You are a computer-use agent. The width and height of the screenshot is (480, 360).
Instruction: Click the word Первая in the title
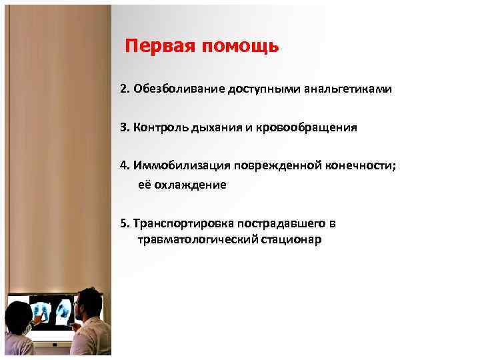click(158, 47)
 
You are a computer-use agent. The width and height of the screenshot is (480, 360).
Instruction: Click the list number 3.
click(123, 127)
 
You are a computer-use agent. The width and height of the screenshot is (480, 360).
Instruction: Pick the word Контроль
click(158, 127)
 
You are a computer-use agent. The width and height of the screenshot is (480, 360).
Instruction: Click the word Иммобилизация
click(175, 165)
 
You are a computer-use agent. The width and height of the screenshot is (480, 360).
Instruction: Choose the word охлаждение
click(191, 185)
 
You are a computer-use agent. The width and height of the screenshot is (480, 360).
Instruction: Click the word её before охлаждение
click(145, 185)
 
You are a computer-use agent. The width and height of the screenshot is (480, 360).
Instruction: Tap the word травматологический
click(197, 240)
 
